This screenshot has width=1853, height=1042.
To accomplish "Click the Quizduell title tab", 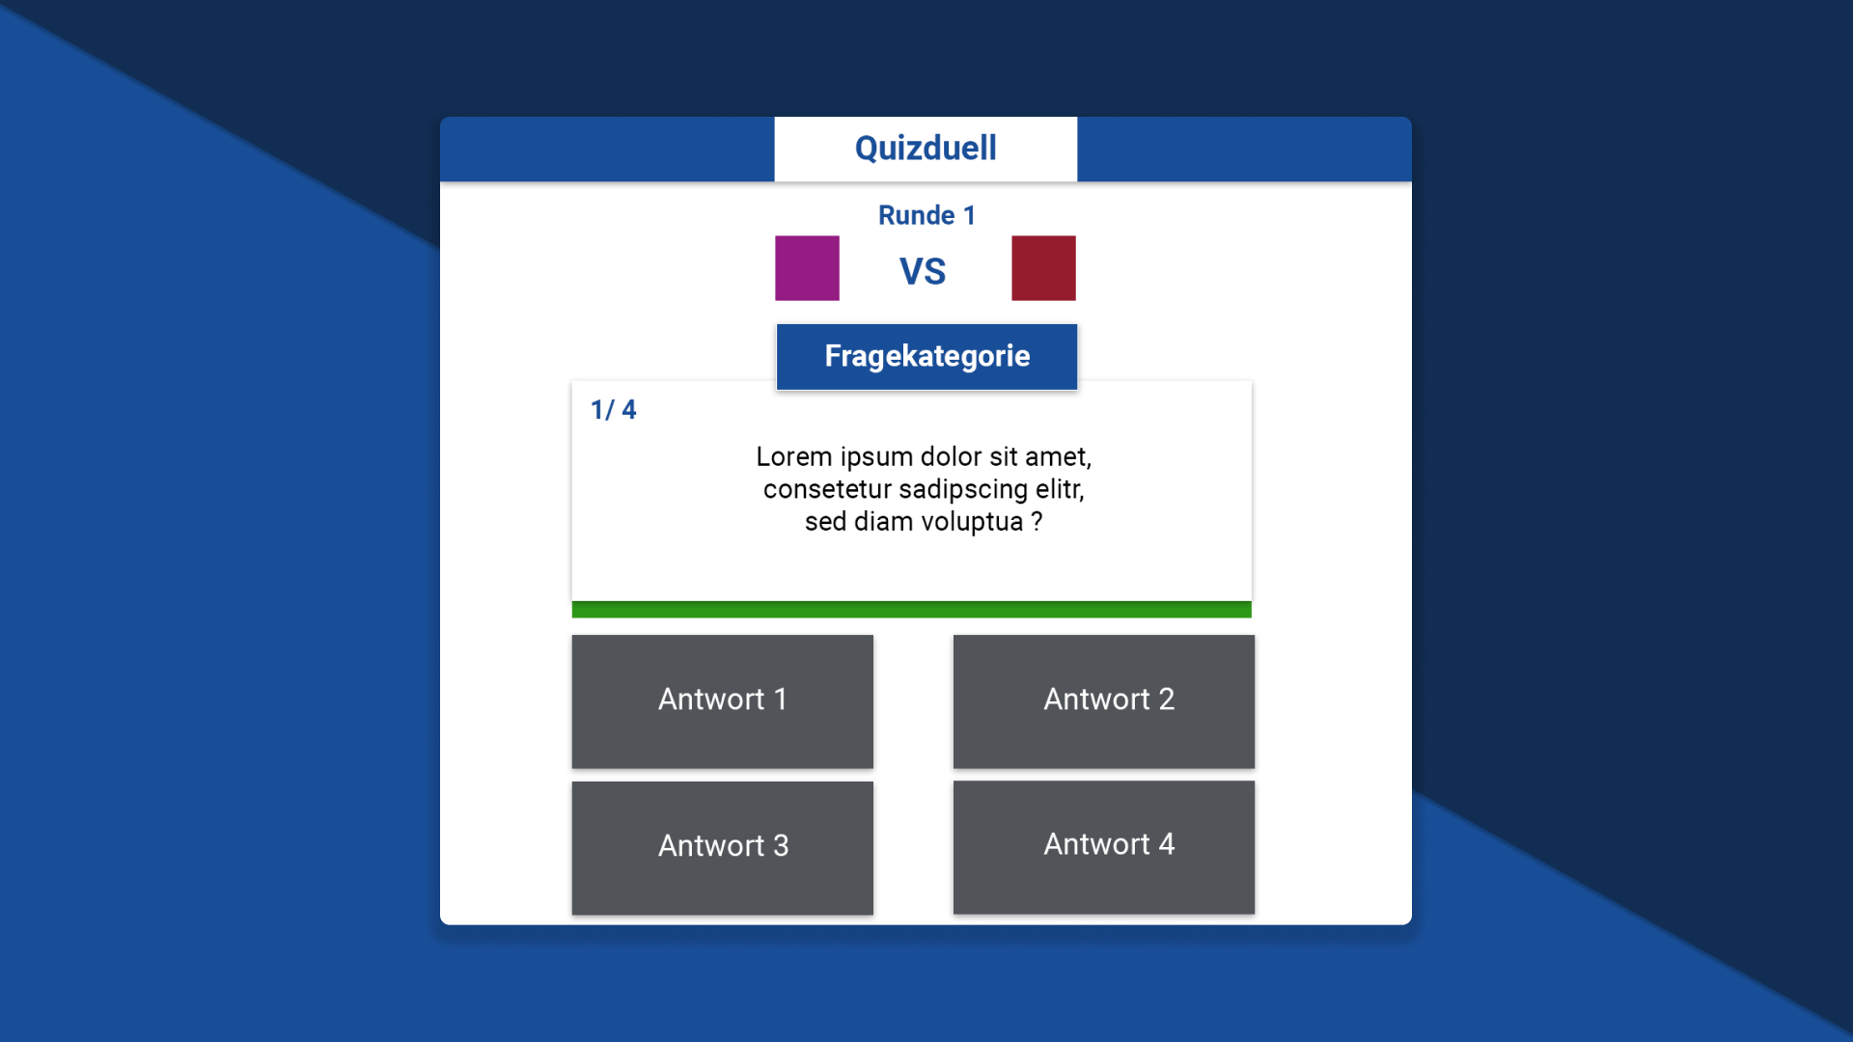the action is click(926, 149).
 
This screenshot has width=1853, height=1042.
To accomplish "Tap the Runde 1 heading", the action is click(926, 215).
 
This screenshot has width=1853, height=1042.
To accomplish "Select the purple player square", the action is click(807, 268).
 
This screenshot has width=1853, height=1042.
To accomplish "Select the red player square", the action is click(1043, 268).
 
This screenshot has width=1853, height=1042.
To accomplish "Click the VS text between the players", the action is click(923, 271).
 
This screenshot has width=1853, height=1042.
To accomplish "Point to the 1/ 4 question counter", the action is click(614, 410).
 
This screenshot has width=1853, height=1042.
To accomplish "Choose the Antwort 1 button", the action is click(723, 701).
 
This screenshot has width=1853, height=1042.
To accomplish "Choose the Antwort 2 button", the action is click(1104, 701).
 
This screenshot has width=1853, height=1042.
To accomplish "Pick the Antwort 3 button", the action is click(723, 848).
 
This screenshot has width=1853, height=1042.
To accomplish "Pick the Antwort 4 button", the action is click(1104, 847).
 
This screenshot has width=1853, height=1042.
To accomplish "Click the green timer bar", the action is click(912, 610).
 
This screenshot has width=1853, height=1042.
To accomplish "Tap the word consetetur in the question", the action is click(827, 489).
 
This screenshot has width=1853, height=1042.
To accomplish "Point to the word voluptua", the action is click(972, 522).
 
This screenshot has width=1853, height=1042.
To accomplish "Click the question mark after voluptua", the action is click(1037, 522).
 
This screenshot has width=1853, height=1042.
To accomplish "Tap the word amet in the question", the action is click(1058, 457).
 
